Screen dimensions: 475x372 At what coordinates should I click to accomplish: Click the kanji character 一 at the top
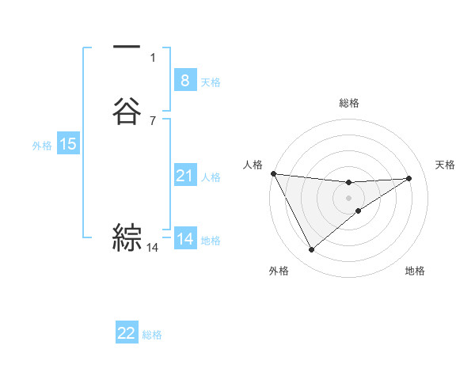(127, 48)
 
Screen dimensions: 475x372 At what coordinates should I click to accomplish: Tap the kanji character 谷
(127, 111)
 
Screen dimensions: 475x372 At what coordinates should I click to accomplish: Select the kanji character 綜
(127, 237)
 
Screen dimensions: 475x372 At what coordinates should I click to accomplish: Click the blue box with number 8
(184, 80)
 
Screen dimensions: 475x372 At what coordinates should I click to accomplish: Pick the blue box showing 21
(184, 176)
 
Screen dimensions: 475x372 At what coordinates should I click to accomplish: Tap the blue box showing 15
(68, 144)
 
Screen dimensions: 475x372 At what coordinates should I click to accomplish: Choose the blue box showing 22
(127, 333)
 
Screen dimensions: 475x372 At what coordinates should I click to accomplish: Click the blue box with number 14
(184, 239)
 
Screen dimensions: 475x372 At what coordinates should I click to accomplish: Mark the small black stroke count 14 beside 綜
(152, 248)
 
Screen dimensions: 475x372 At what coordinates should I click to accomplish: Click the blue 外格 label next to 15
(42, 146)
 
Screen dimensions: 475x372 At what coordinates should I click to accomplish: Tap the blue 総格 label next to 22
(152, 335)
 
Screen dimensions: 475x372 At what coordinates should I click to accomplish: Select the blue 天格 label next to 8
(211, 82)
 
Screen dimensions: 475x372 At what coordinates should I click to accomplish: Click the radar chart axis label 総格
(349, 103)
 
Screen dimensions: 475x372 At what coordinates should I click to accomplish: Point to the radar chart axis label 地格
(415, 271)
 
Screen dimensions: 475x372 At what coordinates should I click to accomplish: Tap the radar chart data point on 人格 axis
(273, 173)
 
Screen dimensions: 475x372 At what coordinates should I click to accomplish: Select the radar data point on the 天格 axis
(408, 178)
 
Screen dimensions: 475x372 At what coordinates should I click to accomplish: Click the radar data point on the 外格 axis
(311, 250)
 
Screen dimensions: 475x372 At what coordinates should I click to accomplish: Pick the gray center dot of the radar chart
(349, 198)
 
